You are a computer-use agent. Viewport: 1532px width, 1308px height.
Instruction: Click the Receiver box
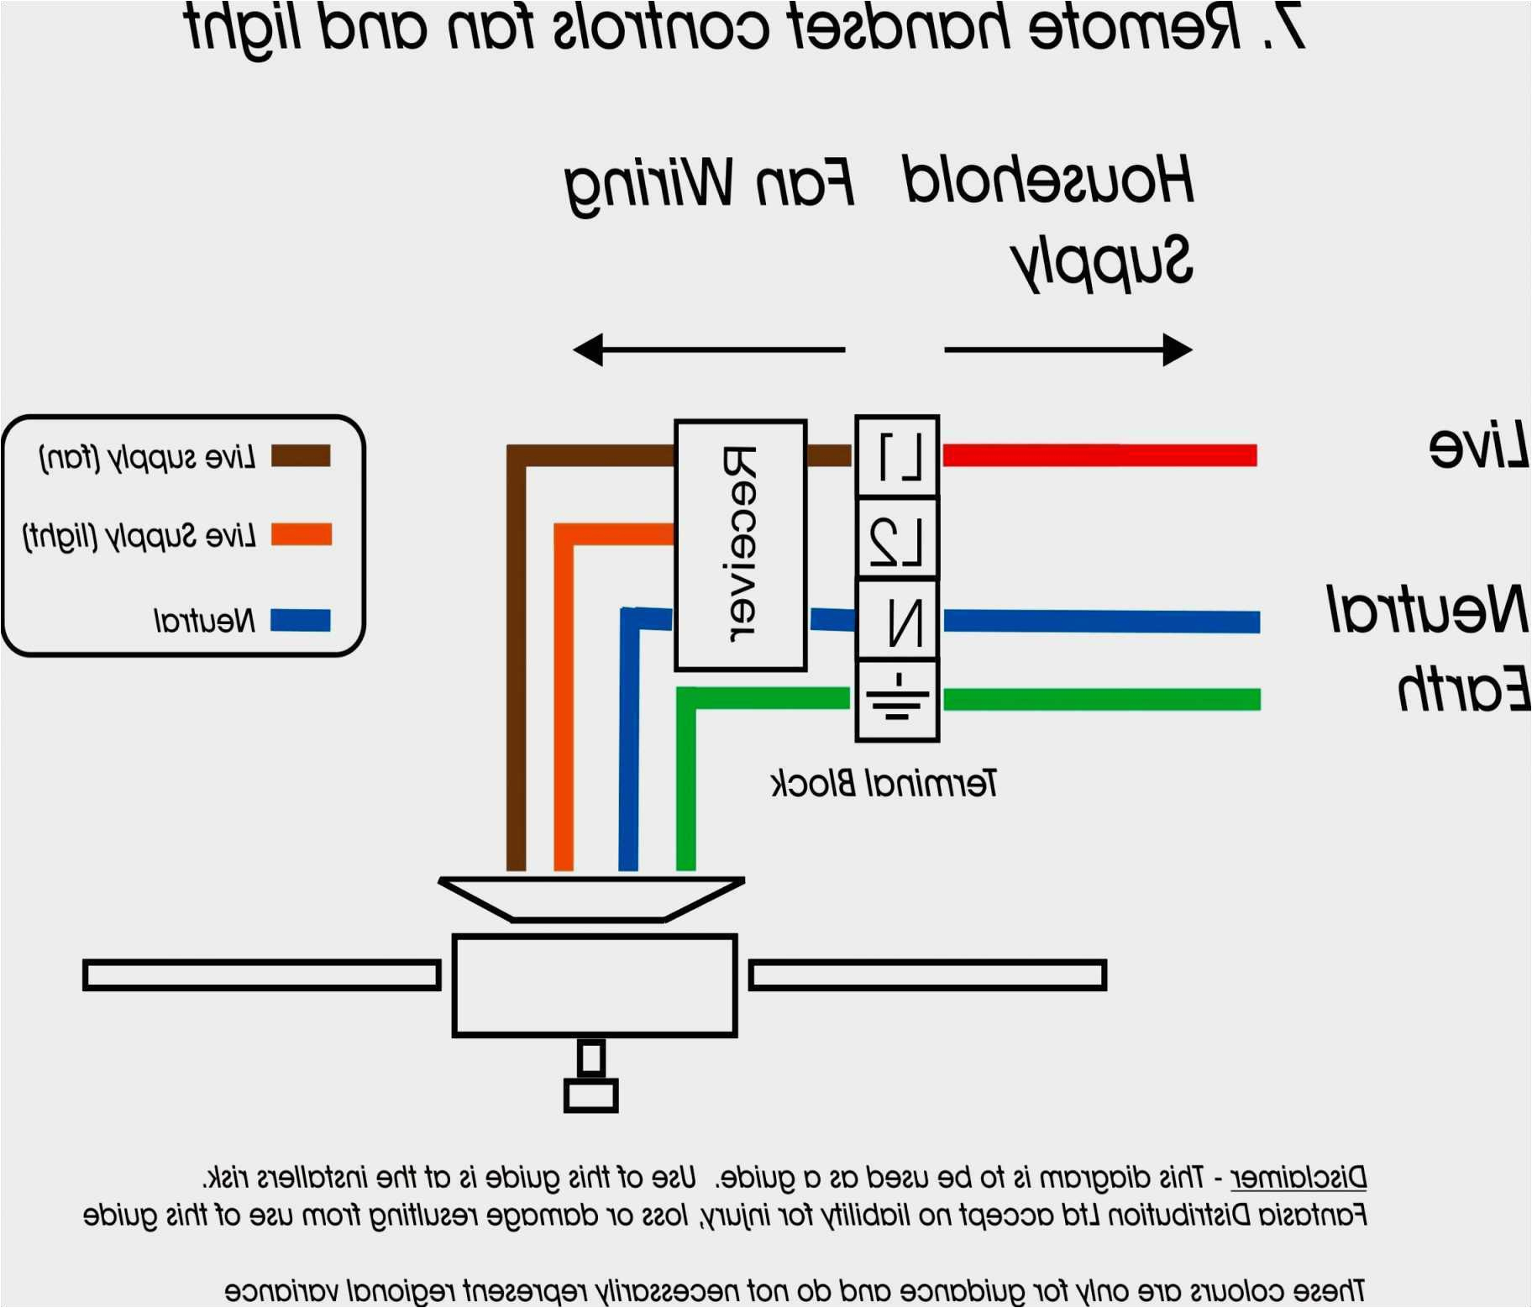[741, 545]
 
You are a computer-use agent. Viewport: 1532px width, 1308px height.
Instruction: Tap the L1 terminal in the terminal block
[897, 456]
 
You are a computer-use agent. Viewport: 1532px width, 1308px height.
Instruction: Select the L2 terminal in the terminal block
[897, 538]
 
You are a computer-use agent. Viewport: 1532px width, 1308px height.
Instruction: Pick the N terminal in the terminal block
[897, 620]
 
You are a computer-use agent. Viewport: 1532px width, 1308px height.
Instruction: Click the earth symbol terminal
[897, 700]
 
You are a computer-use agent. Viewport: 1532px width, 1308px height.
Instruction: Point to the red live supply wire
[1099, 455]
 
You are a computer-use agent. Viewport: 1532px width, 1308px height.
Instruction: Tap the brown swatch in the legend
[301, 456]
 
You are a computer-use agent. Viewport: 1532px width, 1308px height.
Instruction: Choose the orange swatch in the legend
[301, 534]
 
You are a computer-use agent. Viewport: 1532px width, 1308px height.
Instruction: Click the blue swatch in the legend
[301, 620]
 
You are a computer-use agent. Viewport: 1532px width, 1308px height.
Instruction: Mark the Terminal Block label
[884, 783]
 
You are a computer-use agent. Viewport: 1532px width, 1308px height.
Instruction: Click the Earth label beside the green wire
[1462, 690]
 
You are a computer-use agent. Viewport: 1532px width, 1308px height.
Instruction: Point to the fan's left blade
[261, 975]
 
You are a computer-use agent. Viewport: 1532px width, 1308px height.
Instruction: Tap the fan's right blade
[927, 975]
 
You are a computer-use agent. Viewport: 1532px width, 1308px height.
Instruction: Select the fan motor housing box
[595, 985]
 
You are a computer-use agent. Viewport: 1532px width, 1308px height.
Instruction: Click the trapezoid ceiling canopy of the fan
[591, 900]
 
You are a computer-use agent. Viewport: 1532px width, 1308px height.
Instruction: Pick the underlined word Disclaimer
[1298, 1177]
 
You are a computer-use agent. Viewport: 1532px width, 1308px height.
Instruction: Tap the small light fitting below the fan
[591, 1079]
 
